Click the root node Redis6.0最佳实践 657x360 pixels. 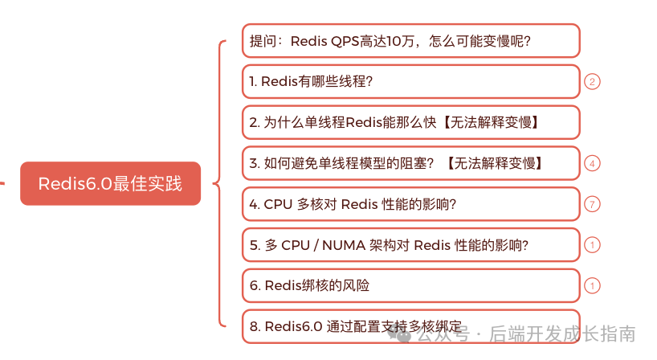(110, 183)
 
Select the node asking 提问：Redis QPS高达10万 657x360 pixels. (410, 40)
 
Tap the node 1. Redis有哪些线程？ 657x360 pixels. (410, 81)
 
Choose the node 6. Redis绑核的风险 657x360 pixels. (410, 285)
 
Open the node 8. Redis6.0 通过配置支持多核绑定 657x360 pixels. (410, 325)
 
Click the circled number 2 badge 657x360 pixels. (592, 81)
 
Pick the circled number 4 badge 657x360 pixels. (592, 163)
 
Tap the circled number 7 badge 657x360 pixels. (592, 204)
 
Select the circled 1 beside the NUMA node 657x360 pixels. (592, 245)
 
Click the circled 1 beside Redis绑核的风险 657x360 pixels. (592, 285)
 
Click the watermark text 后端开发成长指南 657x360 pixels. (562, 333)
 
